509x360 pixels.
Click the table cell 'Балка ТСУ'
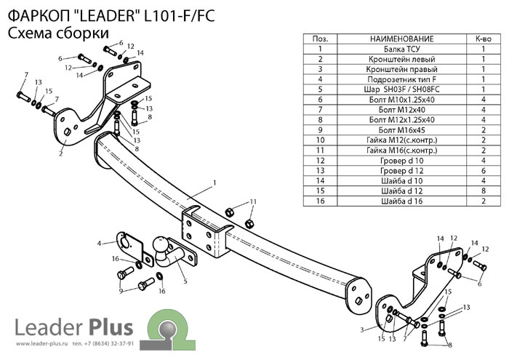[x=401, y=49]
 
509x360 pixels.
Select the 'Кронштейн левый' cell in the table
[x=401, y=60]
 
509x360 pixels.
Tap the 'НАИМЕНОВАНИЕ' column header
[x=401, y=39]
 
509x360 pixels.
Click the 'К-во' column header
[x=483, y=39]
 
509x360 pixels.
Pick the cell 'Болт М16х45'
[x=401, y=129]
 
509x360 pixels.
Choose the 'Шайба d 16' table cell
[x=401, y=200]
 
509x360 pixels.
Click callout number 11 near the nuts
[x=252, y=201]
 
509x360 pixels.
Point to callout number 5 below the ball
[x=185, y=280]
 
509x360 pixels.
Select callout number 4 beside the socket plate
[x=99, y=242]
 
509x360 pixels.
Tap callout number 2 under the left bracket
[x=61, y=154]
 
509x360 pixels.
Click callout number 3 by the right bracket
[x=361, y=329]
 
